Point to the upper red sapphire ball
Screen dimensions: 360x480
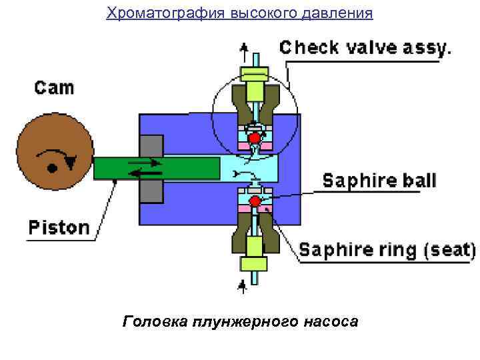(254, 137)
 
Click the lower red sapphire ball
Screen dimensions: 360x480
(254, 201)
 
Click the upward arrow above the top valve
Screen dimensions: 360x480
(244, 48)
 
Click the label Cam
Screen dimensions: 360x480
(55, 87)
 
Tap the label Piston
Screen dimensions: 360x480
(59, 227)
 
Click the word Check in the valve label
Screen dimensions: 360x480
(309, 47)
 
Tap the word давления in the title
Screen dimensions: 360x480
(341, 13)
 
